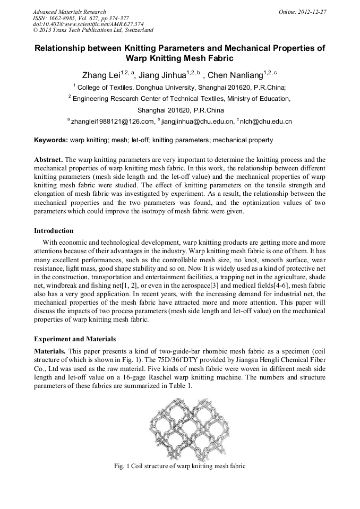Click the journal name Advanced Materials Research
(x=69, y=12)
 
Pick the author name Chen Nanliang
(x=235, y=75)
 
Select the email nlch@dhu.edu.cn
(x=266, y=122)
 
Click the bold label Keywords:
(x=51, y=141)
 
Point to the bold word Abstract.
(x=49, y=160)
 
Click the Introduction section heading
(x=54, y=231)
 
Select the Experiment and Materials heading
(x=75, y=339)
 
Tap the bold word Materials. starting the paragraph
(x=50, y=351)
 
